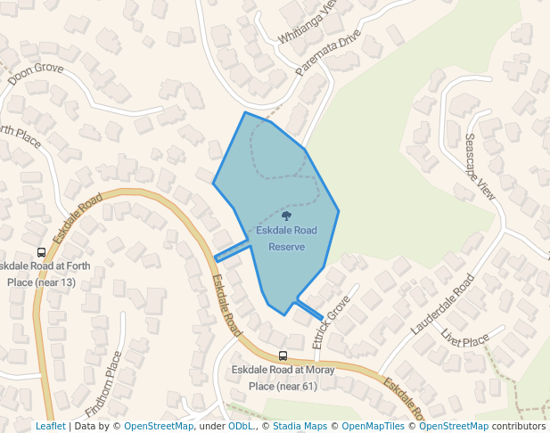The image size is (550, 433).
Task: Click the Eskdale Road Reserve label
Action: tap(286, 238)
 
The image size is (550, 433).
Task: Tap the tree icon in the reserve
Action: tap(286, 216)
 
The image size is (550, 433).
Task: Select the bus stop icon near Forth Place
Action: tap(41, 252)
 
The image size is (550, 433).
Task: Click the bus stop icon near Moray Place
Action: tap(283, 355)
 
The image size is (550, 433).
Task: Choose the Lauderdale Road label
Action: tap(442, 305)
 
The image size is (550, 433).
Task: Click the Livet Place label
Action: tap(464, 338)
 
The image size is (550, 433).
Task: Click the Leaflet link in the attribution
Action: tap(50, 427)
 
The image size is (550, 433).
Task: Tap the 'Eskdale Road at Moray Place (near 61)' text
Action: tap(273, 377)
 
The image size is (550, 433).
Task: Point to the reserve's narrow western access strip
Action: tap(233, 251)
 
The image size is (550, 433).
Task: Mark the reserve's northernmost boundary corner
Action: tap(245, 112)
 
